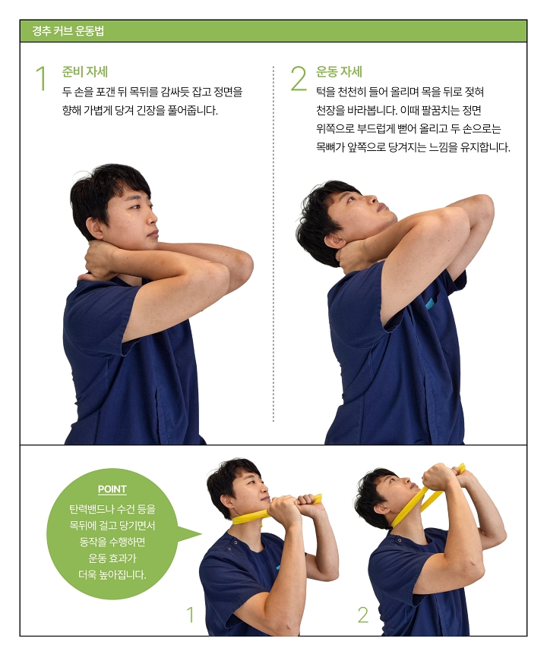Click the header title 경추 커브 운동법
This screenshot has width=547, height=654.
[68, 32]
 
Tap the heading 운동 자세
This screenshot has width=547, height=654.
[339, 72]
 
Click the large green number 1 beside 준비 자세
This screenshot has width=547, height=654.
[41, 80]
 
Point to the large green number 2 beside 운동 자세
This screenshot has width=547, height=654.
[298, 80]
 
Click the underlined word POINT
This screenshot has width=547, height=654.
[112, 489]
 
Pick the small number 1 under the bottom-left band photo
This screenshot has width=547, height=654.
[190, 615]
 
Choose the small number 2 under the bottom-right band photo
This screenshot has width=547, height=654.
[362, 615]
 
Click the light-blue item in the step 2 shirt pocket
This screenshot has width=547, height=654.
[429, 303]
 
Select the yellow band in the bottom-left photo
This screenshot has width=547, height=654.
[251, 517]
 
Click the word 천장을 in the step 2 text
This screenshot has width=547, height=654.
[332, 110]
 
